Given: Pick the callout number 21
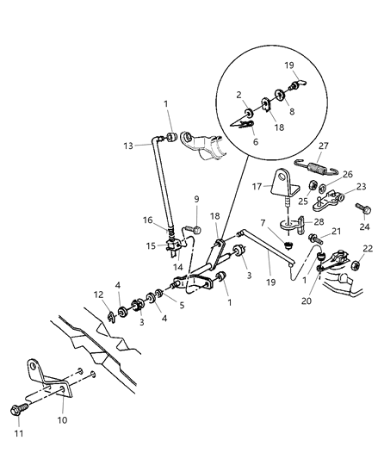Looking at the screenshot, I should (338, 231).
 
